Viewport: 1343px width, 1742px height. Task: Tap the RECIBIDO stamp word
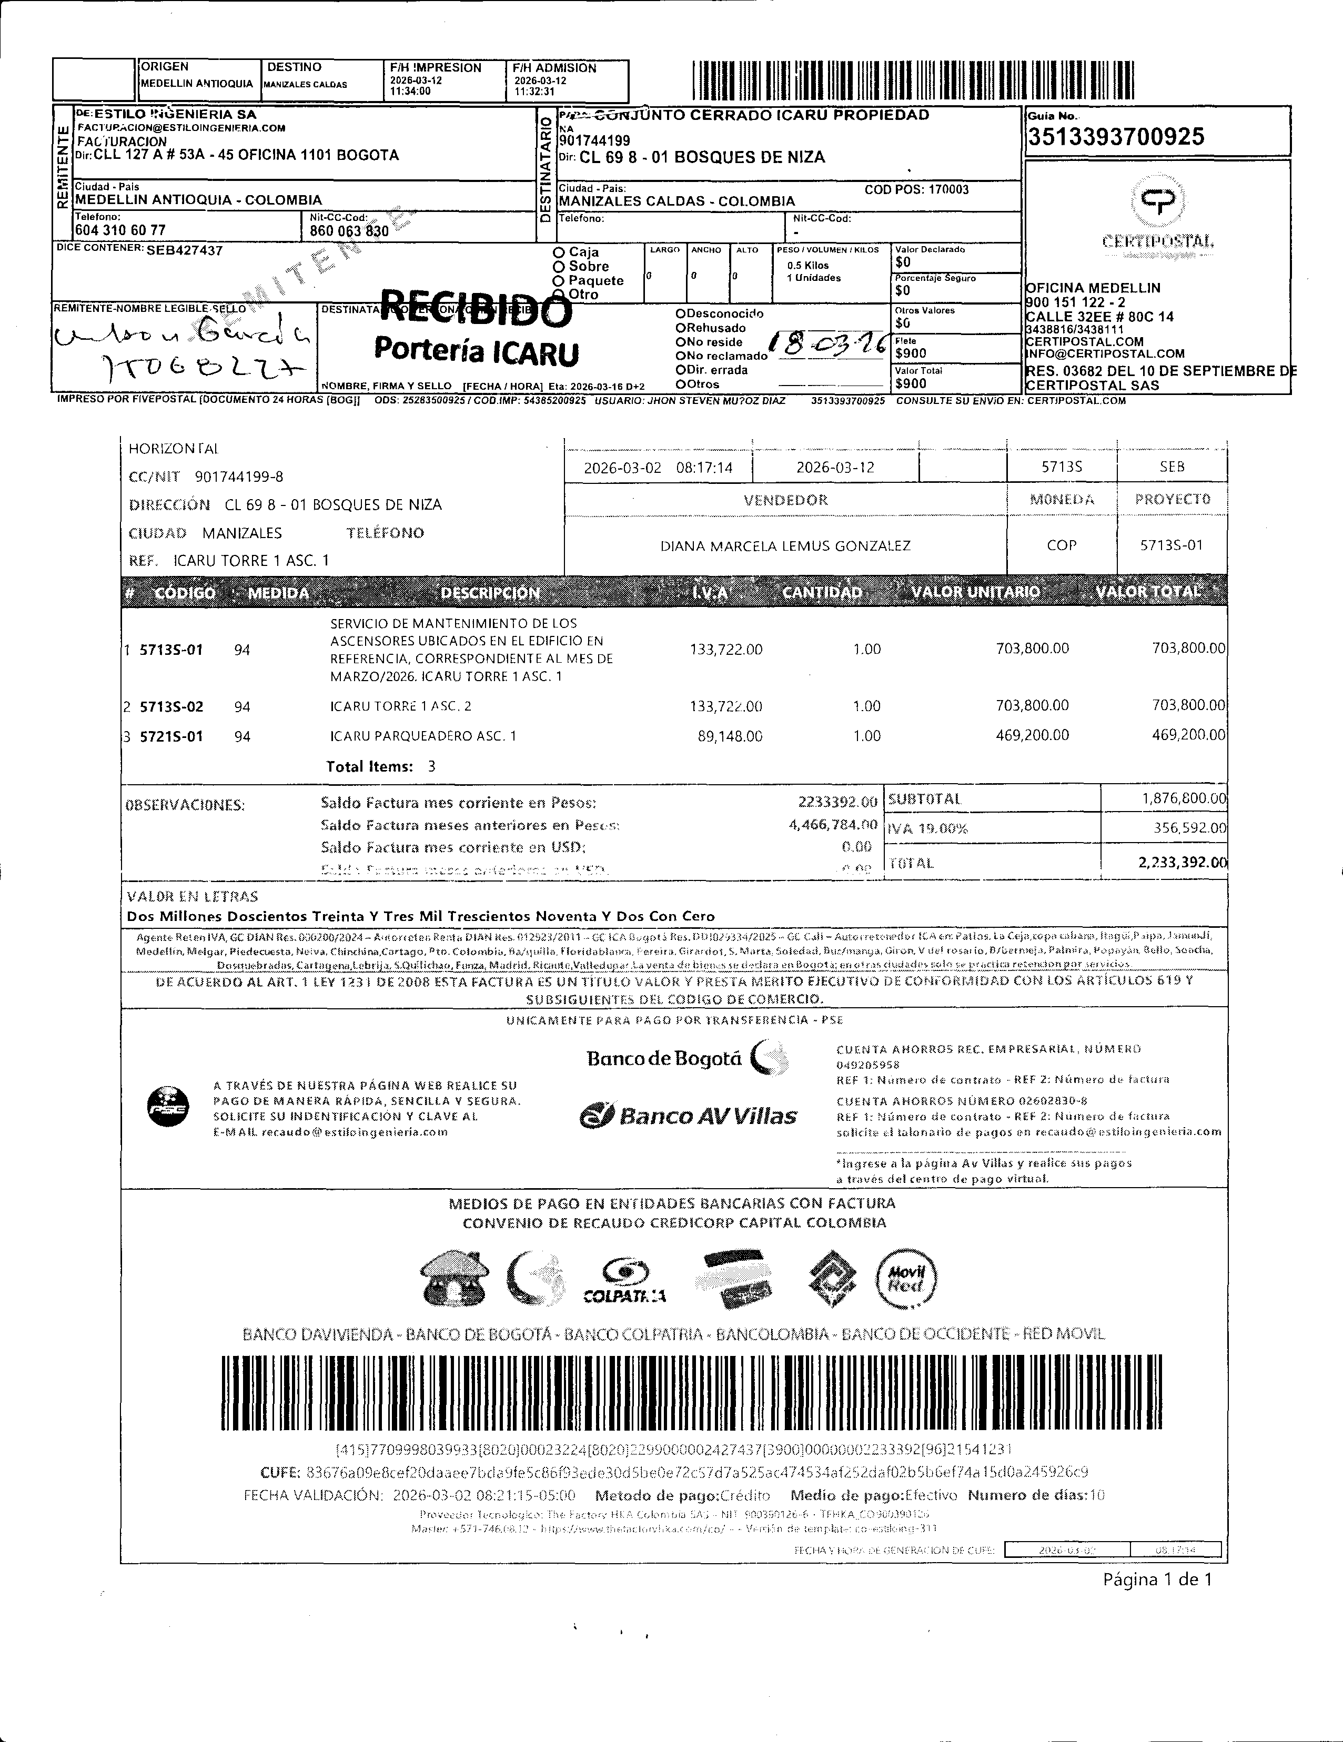tap(476, 309)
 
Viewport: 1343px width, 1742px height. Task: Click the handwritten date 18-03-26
tap(827, 344)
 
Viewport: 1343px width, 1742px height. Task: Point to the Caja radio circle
tap(559, 252)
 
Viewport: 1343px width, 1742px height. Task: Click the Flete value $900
tap(911, 353)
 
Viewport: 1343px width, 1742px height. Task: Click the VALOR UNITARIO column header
tap(975, 592)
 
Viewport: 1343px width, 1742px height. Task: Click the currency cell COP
tap(1062, 545)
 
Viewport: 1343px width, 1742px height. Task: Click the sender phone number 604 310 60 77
tap(120, 230)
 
